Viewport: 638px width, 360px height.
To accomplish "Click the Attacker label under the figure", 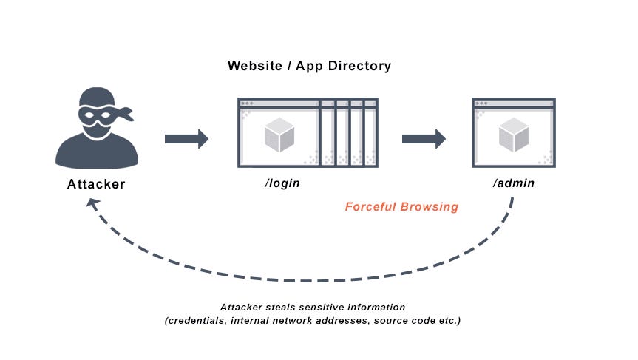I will pos(97,185).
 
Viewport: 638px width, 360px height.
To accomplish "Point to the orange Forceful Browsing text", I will pos(401,207).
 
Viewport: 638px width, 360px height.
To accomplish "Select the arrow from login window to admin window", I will pos(424,139).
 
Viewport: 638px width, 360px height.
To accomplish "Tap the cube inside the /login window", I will pos(279,135).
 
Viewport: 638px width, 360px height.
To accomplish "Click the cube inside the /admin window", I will pos(513,135).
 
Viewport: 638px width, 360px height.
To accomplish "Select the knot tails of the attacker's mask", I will pos(126,114).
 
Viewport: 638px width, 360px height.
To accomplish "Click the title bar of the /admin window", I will pos(514,103).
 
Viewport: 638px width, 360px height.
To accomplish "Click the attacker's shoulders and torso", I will pos(97,152).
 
